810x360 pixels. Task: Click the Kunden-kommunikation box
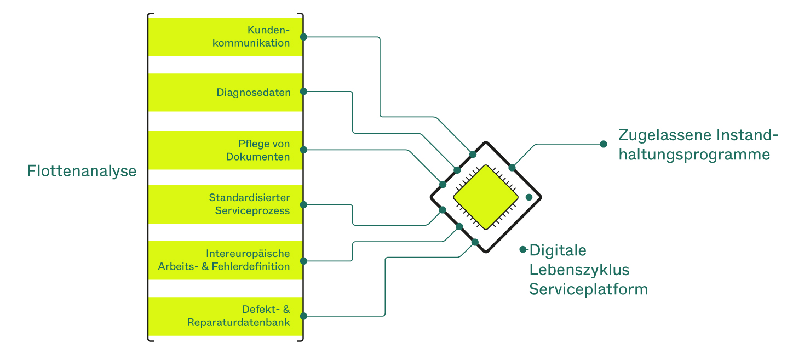click(x=225, y=37)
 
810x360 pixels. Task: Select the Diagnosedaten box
click(x=225, y=92)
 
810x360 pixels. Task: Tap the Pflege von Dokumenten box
click(x=225, y=150)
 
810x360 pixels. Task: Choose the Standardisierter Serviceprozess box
click(x=225, y=204)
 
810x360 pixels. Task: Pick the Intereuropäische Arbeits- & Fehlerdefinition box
click(x=225, y=260)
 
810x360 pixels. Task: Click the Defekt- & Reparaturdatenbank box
click(x=225, y=316)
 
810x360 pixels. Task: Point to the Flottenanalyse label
click(x=82, y=171)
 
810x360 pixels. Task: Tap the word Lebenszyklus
click(x=579, y=270)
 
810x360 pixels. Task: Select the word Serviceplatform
click(x=588, y=289)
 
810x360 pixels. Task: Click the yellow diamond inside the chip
click(x=486, y=197)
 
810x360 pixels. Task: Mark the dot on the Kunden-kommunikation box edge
click(x=304, y=37)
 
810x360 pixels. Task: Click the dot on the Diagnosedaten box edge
click(x=304, y=92)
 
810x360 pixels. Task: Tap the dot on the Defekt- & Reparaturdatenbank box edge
click(x=304, y=316)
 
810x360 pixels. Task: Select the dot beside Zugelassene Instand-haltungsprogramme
click(x=604, y=144)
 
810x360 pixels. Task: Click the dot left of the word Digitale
click(x=523, y=249)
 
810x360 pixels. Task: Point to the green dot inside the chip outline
click(x=529, y=197)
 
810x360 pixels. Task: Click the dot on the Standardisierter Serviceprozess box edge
click(x=304, y=205)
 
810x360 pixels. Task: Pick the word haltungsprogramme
click(x=694, y=155)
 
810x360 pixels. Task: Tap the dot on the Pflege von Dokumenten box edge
click(x=304, y=150)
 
